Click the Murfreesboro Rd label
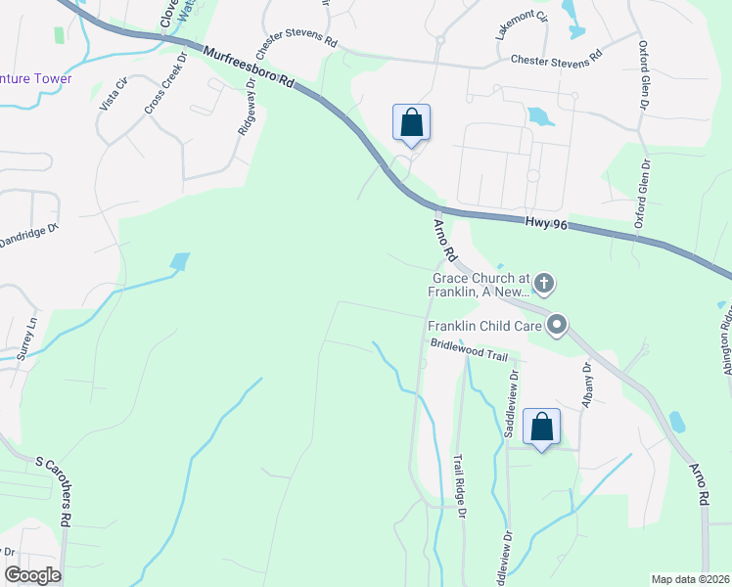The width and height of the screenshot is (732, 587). pyautogui.click(x=250, y=68)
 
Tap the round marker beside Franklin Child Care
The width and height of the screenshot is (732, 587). pyautogui.click(x=557, y=325)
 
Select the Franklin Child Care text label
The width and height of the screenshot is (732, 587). pyautogui.click(x=484, y=325)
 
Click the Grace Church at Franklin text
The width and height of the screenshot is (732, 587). pyautogui.click(x=481, y=284)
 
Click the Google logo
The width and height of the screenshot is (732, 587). pyautogui.click(x=32, y=575)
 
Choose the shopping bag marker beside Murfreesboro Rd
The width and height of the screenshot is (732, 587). pyautogui.click(x=412, y=123)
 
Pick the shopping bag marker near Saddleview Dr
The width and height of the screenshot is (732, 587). pyautogui.click(x=541, y=427)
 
